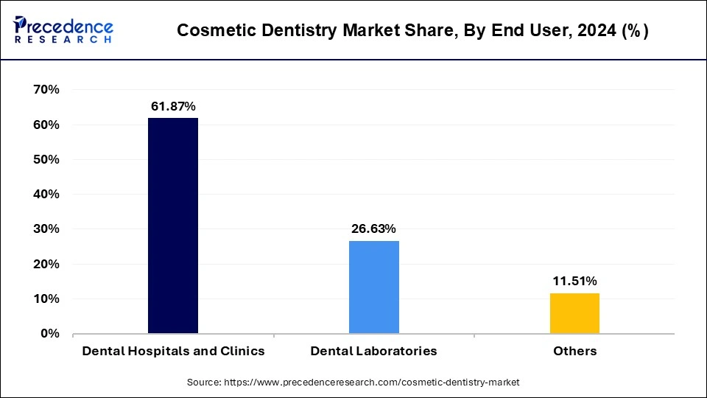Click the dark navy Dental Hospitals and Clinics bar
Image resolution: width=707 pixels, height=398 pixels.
173,226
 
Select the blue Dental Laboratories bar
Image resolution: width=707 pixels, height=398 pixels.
374,287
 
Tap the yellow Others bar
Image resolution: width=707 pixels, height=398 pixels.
574,313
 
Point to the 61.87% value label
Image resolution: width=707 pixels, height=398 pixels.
173,107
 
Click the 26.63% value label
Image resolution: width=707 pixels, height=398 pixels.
374,229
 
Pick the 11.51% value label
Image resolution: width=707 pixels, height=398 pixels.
574,281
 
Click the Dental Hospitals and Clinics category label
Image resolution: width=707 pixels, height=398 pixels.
173,351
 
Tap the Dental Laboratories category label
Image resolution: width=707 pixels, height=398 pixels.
374,351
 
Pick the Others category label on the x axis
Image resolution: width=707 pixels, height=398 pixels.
574,351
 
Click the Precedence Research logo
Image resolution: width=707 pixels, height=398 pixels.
63,29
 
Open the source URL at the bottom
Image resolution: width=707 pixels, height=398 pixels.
353,382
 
